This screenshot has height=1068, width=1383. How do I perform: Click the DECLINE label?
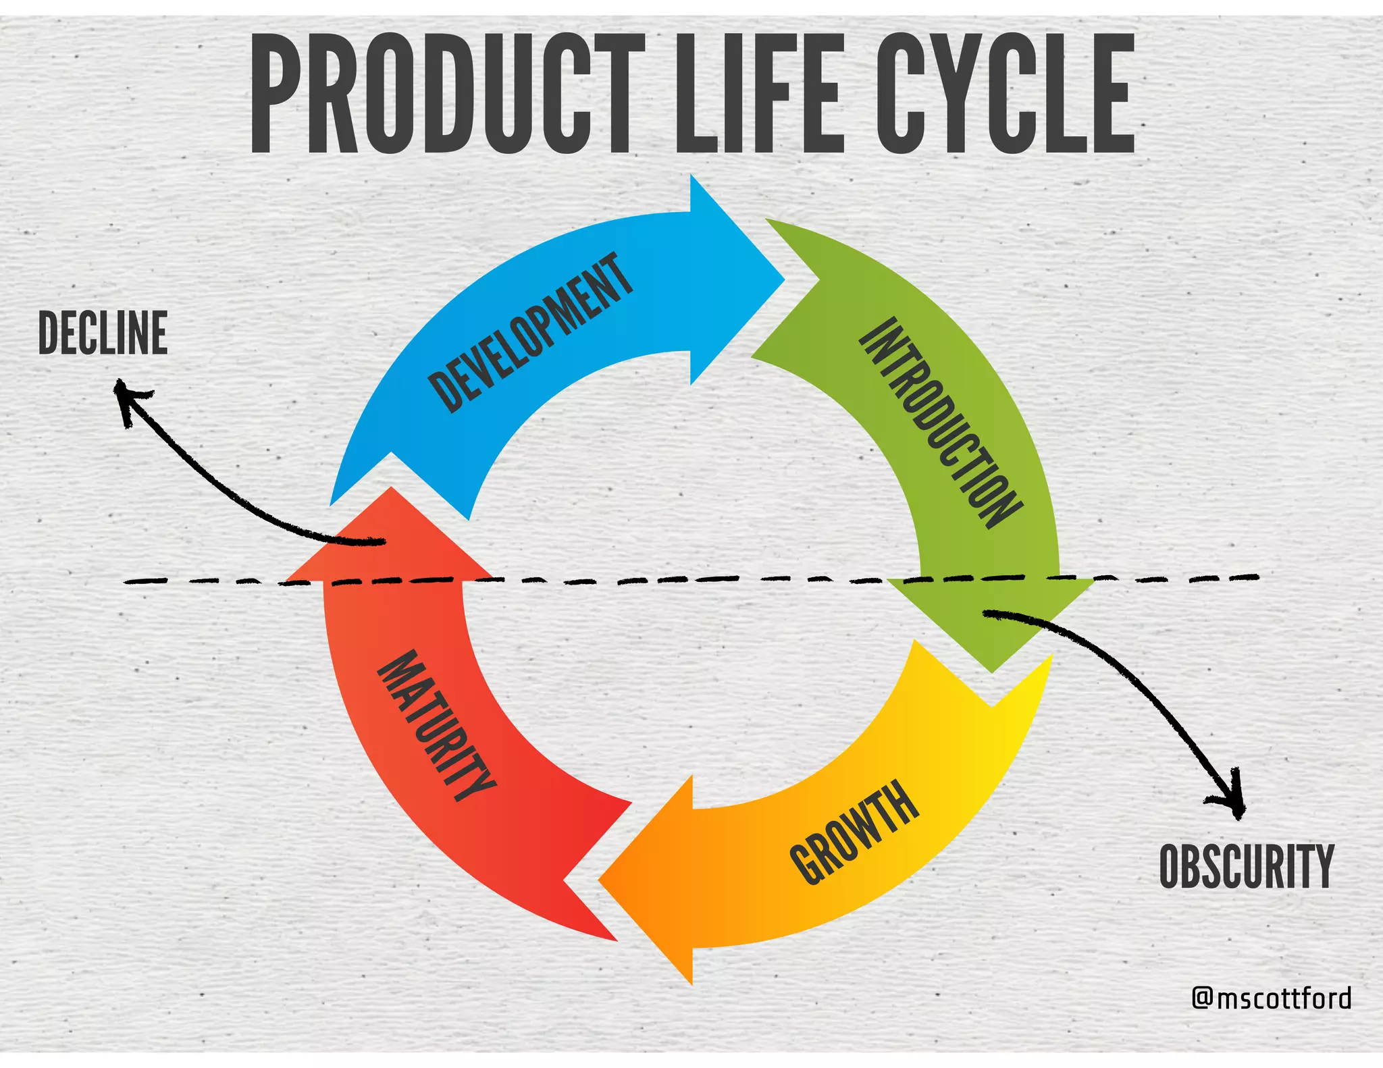[103, 333]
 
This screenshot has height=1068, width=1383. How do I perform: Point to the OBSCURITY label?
[1247, 867]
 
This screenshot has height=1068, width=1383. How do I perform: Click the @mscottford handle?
[1272, 998]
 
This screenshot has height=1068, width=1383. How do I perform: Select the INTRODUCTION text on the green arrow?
[940, 423]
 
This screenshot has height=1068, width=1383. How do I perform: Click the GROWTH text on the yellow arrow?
[854, 832]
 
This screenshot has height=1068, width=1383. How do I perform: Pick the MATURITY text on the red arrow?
[436, 726]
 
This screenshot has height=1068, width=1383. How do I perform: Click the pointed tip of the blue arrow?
[783, 278]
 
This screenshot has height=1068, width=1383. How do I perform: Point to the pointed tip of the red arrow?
[390, 489]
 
